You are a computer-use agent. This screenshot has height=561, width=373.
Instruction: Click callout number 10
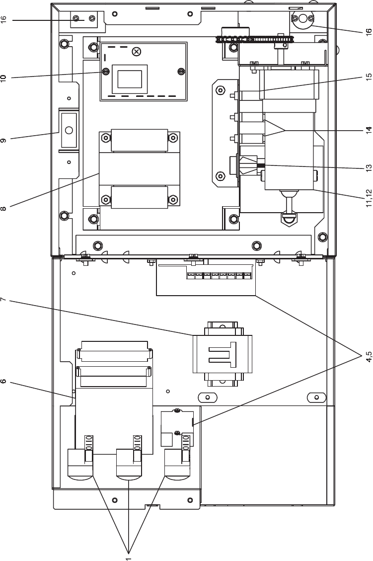pyautogui.click(x=4, y=78)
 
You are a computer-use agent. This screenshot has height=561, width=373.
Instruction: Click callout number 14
pyautogui.click(x=369, y=130)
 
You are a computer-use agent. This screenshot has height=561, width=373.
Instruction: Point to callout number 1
pyautogui.click(x=128, y=558)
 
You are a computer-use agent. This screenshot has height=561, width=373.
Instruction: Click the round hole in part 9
pyautogui.click(x=69, y=130)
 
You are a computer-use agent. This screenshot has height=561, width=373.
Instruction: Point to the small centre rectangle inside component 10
pyautogui.click(x=129, y=79)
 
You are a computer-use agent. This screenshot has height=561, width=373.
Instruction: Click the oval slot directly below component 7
pyautogui.click(x=208, y=397)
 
